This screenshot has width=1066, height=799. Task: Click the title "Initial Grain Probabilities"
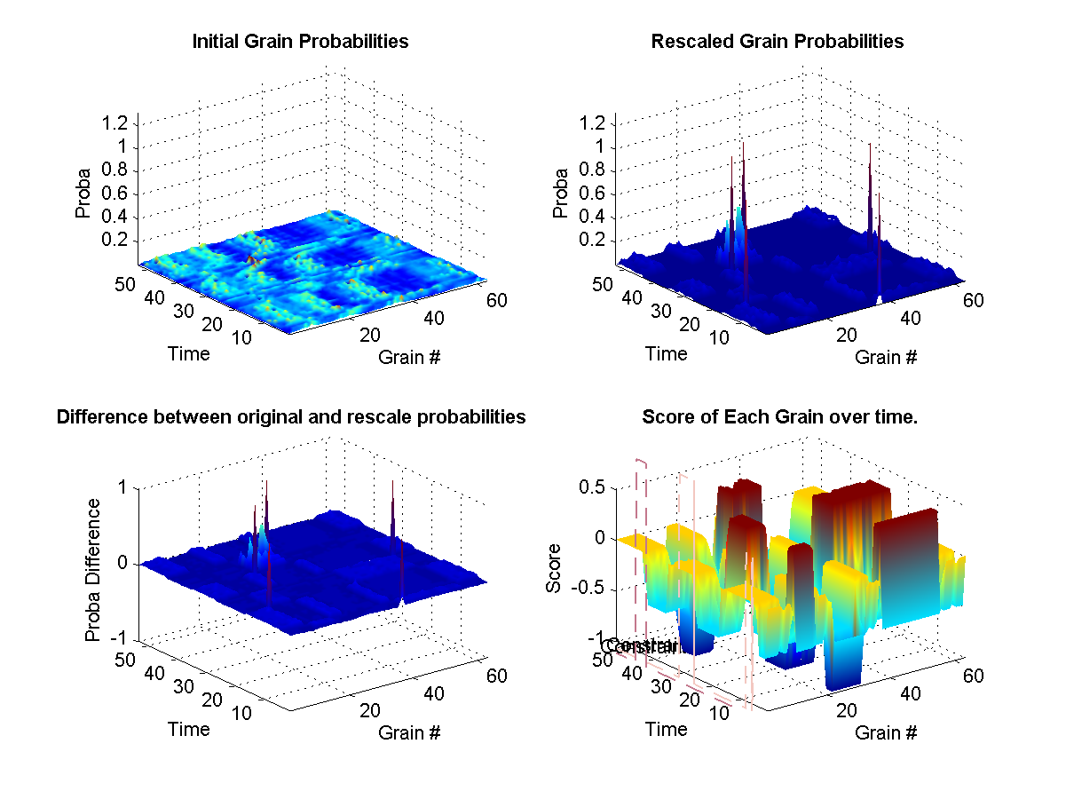coord(300,42)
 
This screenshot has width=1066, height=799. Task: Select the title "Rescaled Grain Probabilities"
coord(777,42)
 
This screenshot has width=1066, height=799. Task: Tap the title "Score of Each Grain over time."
coord(779,417)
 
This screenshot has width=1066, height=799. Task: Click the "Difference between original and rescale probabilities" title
coord(291,417)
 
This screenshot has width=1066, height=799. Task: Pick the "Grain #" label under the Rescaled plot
coord(885,357)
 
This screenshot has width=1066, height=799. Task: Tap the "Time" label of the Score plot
coord(666,729)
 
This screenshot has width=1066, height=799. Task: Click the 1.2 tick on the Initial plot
coord(117,123)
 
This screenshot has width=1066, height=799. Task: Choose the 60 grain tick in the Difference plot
coord(495,676)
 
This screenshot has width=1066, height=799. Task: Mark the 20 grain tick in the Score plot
coord(845,710)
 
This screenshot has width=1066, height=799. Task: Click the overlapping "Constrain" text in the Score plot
coord(639,646)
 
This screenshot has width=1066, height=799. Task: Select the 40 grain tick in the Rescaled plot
coord(911,318)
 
